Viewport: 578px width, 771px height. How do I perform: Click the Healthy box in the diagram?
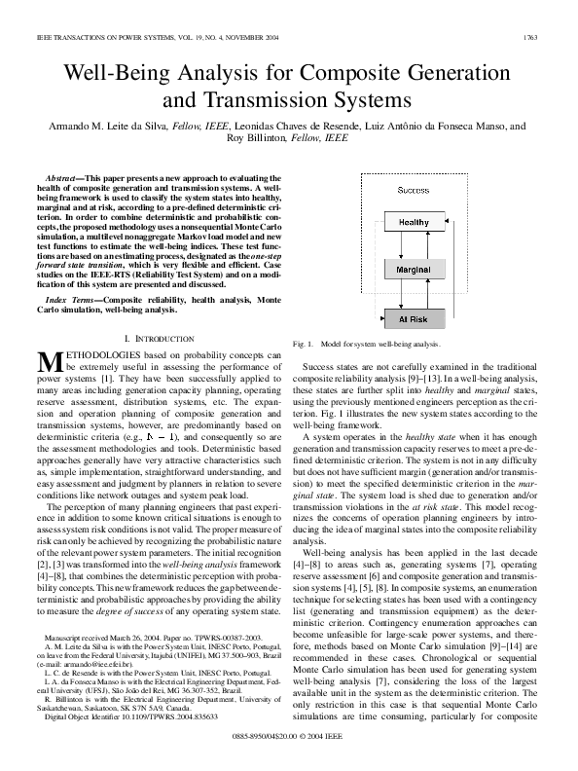(x=414, y=223)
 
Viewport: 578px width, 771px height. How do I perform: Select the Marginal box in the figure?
(x=414, y=268)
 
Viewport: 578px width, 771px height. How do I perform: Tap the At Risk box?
(x=414, y=318)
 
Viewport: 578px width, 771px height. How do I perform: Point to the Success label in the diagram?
(x=414, y=190)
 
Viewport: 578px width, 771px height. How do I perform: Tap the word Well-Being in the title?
(x=119, y=73)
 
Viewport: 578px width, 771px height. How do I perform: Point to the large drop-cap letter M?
(x=51, y=360)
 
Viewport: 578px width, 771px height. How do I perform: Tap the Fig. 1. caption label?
(x=303, y=344)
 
